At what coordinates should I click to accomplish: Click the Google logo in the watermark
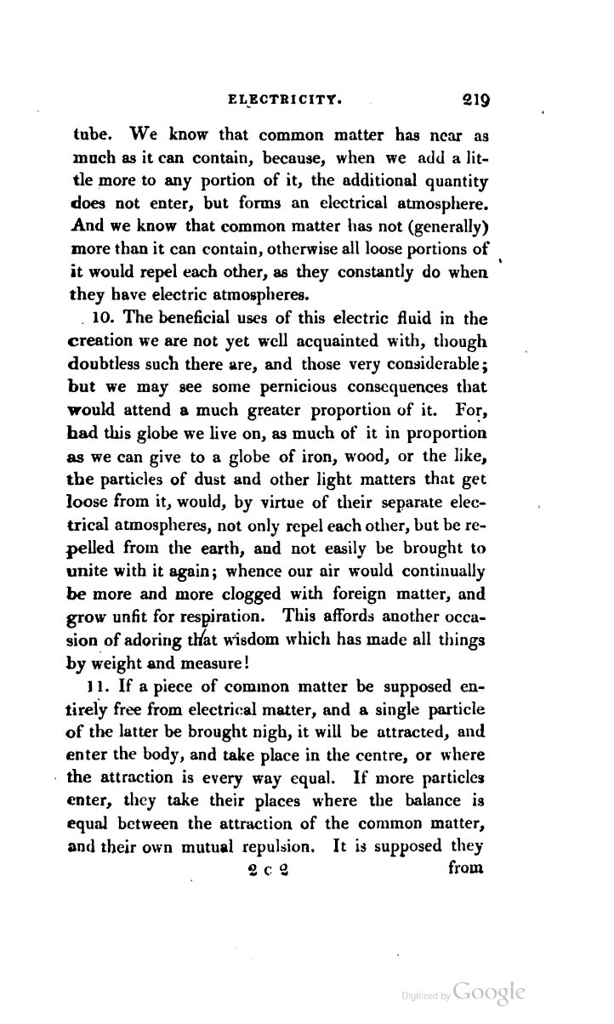pyautogui.click(x=489, y=993)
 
